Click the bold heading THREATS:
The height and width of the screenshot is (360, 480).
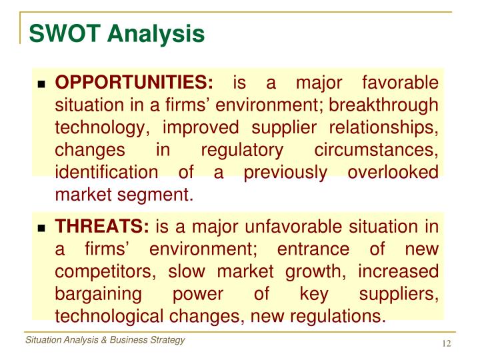click(102, 227)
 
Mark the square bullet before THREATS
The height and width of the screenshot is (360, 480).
click(41, 229)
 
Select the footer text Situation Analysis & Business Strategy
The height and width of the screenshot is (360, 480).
click(105, 341)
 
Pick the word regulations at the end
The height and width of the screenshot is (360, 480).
click(341, 316)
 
